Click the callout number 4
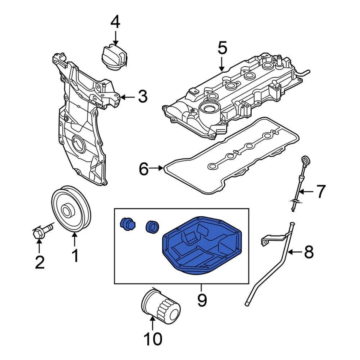click(115, 23)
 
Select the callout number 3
click(142, 97)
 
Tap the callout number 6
click(144, 169)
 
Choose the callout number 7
click(320, 192)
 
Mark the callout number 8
click(308, 252)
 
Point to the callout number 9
click(202, 300)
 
